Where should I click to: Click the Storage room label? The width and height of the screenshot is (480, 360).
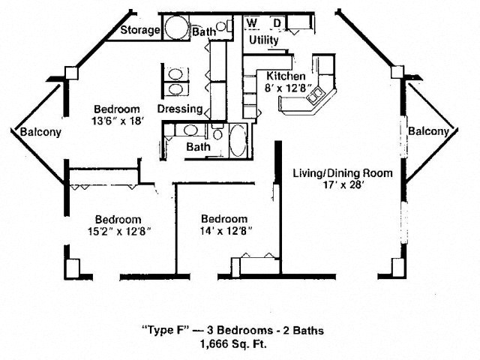point(140,30)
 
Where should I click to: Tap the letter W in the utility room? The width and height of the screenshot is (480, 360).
point(252,22)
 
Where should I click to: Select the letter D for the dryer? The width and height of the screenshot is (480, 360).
point(277,23)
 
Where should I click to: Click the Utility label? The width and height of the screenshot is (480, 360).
point(263,40)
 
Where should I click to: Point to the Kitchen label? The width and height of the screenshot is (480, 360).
point(286,76)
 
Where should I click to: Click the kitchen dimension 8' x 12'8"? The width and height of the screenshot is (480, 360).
point(288,88)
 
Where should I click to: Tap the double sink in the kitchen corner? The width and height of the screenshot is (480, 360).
point(315,94)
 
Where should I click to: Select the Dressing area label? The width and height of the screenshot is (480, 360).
point(180,109)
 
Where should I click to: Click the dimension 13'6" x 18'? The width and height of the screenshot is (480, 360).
point(118,121)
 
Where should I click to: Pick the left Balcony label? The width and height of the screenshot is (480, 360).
point(40,132)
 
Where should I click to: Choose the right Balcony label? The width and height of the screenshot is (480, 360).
point(428,131)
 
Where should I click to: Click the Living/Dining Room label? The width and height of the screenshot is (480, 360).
point(343,173)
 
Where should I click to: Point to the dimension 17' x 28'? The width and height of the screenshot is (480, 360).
point(343,185)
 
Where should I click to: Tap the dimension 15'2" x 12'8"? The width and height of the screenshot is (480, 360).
point(119,231)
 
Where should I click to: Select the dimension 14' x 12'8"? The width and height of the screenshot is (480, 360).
point(226,230)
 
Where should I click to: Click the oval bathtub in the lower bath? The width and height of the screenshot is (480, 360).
point(238,140)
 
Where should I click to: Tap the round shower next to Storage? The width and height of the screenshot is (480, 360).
point(176,28)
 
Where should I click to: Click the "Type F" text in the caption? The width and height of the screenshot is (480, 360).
point(166,330)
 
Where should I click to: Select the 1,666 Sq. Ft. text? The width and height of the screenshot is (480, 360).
point(233,344)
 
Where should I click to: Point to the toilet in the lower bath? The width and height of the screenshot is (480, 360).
point(217,132)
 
